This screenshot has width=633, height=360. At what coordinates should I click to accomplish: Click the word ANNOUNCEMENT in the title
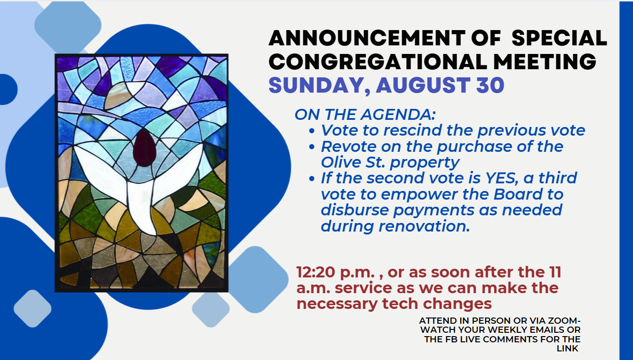coord(367,38)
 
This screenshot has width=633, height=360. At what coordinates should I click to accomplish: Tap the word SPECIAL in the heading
coord(559,38)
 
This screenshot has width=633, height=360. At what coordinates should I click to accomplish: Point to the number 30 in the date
coord(490,85)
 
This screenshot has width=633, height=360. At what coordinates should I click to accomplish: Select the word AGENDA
coord(399,115)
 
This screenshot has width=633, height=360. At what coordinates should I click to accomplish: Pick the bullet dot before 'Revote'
coord(312,147)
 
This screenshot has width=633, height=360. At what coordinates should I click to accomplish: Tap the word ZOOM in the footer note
coord(564,321)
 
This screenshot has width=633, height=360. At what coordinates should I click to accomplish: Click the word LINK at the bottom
coord(568,349)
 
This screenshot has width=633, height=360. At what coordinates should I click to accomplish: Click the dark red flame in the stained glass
coord(144,148)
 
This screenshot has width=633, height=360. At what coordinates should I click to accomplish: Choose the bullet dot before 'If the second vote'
coord(312,179)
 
